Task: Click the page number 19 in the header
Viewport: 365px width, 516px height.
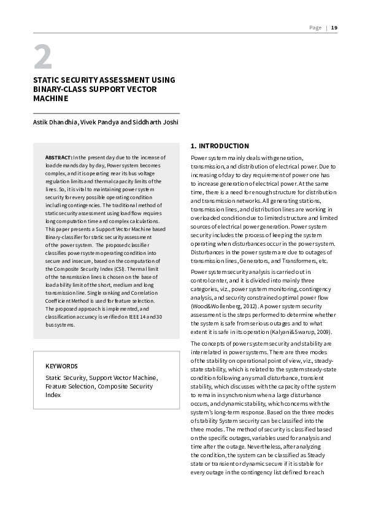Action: pos(334,27)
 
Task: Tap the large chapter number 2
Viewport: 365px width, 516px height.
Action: pos(42,58)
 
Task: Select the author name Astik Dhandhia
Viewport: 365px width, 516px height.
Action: pos(55,122)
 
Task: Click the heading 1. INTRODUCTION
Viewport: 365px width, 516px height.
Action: pos(220,146)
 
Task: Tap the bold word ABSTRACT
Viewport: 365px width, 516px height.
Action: pos(59,158)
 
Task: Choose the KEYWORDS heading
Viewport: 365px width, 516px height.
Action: pos(61,366)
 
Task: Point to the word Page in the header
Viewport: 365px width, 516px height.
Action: pos(315,27)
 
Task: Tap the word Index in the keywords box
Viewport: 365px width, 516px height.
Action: pos(53,395)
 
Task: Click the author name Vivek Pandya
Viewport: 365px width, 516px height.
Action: pos(99,122)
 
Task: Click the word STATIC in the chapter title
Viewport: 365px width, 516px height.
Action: pos(47,80)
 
